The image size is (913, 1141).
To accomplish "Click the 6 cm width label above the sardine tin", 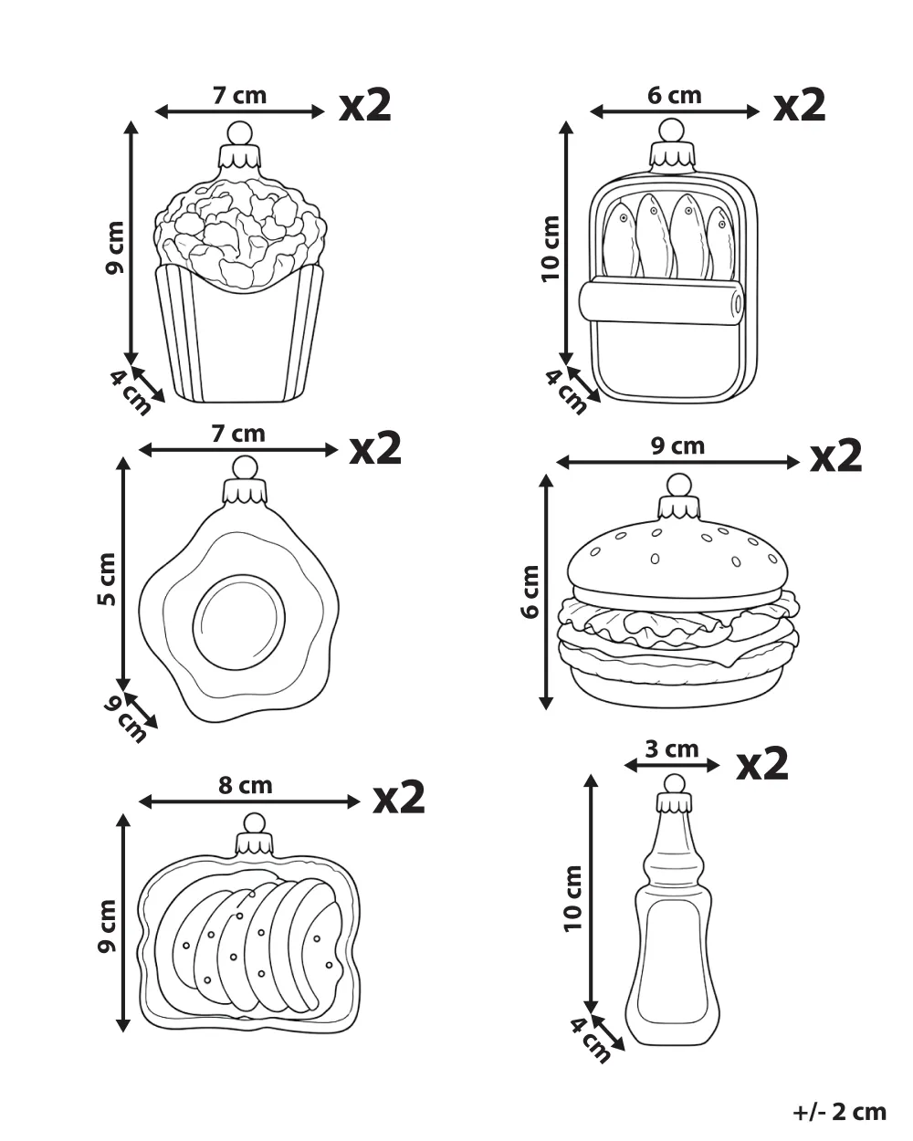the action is coord(674,96).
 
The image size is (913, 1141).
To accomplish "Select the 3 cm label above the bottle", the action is coord(672,749).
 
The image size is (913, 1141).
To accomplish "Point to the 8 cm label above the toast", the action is coord(245,785).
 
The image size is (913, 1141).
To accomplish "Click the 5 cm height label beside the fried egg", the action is coord(107,579).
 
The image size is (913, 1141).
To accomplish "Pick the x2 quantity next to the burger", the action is coord(835,455).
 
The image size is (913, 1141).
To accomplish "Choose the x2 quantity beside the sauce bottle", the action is coord(761,763).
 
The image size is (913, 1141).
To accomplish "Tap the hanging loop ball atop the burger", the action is coord(679,485).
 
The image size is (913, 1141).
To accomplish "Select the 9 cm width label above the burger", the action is coord(677,446).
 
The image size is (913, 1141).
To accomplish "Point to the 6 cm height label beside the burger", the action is coord(530,591).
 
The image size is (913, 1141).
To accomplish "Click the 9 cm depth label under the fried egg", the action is coord(125,719).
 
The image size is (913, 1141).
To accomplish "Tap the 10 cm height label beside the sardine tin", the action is coord(551,248).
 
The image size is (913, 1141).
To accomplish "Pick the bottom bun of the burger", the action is coord(677,684).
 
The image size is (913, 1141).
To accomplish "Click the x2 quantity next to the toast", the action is coord(398,797).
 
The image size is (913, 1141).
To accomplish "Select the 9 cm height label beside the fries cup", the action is coord(115,247).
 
